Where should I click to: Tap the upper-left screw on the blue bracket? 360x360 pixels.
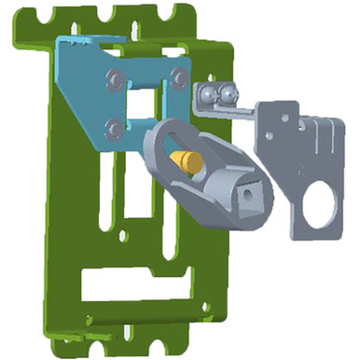tap(113, 77)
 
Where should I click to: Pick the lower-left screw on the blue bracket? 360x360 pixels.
tap(114, 124)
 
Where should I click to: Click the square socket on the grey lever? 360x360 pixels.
tap(251, 193)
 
